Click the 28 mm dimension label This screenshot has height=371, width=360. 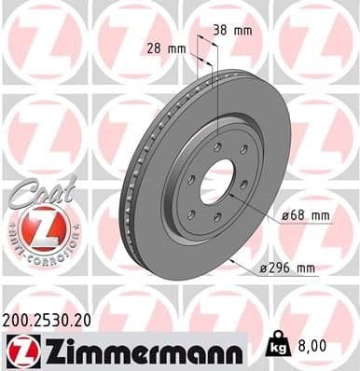tap(166, 47)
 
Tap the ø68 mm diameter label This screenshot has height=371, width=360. tap(305, 216)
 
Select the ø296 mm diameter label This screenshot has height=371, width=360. tap(288, 268)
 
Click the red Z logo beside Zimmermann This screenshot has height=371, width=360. tap(21, 350)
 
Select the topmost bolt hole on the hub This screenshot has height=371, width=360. tap(216, 147)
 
